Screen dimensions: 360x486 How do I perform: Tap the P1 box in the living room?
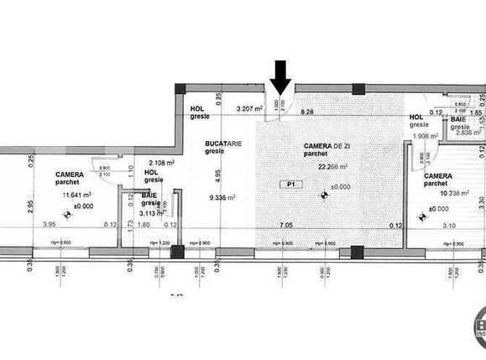pyautogui.click(x=290, y=184)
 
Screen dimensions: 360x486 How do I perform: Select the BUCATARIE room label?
pyautogui.click(x=224, y=144)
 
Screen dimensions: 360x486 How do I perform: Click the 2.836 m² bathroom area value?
pyautogui.click(x=466, y=132)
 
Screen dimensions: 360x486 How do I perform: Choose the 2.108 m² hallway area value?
pyautogui.click(x=161, y=163)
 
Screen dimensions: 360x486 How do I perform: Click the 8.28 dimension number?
pyautogui.click(x=306, y=112)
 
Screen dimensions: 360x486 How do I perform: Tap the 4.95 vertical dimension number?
pyautogui.click(x=217, y=175)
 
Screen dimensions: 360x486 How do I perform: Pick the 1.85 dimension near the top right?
pyautogui.click(x=475, y=112)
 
